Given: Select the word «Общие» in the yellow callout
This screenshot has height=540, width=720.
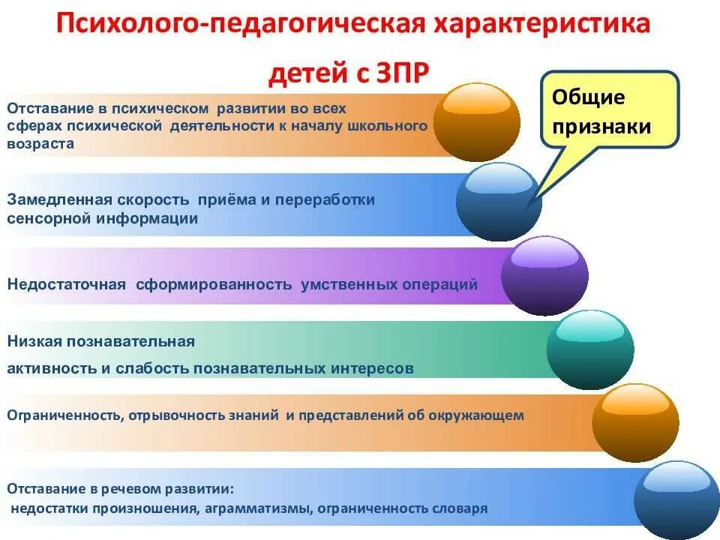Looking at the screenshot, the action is click(589, 98).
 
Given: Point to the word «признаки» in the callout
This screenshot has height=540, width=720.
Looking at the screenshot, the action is click(601, 126).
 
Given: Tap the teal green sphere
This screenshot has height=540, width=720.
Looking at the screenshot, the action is click(590, 349).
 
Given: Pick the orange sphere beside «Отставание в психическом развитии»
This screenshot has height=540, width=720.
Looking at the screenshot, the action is click(477, 122).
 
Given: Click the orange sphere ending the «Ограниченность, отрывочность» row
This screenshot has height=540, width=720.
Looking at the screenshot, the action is click(635, 422).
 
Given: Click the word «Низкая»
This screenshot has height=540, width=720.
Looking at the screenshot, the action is click(34, 342).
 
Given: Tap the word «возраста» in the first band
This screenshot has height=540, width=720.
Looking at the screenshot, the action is click(40, 144).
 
